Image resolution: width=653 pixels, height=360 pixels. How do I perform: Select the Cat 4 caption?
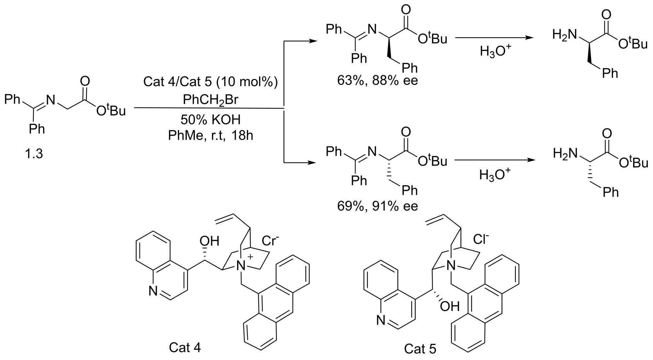click(x=185, y=348)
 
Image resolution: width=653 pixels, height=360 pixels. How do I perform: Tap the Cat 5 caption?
click(x=420, y=349)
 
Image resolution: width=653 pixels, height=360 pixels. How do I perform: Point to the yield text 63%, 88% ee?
click(x=377, y=80)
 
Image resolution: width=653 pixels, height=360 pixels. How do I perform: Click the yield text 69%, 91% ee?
click(x=377, y=206)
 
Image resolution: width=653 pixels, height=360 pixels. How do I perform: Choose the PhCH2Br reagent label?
click(x=210, y=100)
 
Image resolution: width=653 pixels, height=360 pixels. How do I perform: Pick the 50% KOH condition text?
click(x=210, y=120)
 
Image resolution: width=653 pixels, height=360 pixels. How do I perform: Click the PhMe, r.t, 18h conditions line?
click(x=210, y=135)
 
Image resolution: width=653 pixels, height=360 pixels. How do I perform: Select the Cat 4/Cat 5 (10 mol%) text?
click(x=210, y=81)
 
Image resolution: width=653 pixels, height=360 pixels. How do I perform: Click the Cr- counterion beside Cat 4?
click(x=270, y=241)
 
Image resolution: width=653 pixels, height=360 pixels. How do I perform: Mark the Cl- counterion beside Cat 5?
click(x=481, y=239)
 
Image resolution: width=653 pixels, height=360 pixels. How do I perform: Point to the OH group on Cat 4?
click(x=209, y=241)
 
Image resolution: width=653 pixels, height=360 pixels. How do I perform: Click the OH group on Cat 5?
click(x=450, y=306)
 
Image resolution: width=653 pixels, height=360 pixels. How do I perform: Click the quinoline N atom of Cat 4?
click(x=153, y=291)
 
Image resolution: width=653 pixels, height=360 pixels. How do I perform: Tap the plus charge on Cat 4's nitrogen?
click(x=250, y=257)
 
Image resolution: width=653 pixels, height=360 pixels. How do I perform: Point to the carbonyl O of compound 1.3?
click(x=85, y=81)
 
